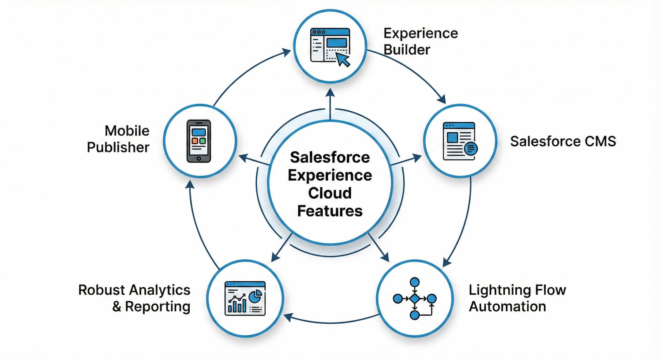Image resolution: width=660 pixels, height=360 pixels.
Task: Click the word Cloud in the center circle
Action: [x=330, y=193]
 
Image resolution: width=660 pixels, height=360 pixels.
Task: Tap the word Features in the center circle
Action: [x=330, y=211]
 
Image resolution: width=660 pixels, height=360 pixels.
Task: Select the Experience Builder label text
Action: [x=420, y=41]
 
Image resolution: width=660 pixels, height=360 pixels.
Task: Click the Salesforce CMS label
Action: [x=563, y=141]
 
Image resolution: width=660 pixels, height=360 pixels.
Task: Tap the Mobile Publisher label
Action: [x=118, y=139]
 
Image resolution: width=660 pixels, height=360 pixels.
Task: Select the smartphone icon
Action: [x=199, y=141]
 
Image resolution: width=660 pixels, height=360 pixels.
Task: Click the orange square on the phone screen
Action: [x=195, y=141]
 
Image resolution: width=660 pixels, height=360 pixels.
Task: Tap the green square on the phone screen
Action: [x=202, y=141]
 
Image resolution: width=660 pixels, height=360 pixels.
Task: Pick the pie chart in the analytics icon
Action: [x=255, y=296]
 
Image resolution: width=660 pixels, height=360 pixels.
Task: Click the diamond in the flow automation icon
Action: [x=414, y=299]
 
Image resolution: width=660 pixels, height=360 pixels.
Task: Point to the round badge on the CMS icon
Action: [x=471, y=149]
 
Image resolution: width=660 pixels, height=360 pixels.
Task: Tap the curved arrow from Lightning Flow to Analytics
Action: [x=330, y=322]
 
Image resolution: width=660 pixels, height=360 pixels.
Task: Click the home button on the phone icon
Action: [x=199, y=159]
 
